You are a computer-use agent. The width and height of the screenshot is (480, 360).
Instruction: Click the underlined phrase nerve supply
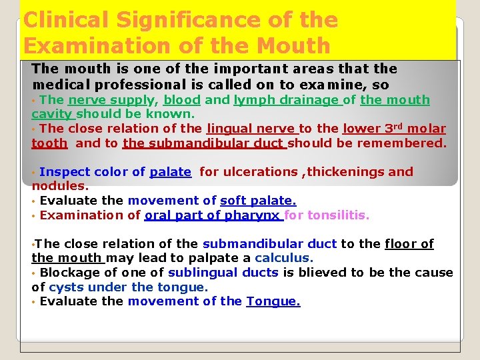pyautogui.click(x=111, y=100)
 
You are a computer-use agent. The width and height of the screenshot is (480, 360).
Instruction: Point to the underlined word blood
pyautogui.click(x=181, y=100)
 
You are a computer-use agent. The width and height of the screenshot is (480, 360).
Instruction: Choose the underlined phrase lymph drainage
pyautogui.click(x=286, y=100)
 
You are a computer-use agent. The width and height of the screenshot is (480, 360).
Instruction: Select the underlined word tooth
pyautogui.click(x=49, y=143)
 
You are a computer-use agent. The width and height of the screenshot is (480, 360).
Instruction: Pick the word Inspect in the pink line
pyautogui.click(x=65, y=172)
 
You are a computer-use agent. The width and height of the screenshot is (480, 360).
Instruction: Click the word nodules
pyautogui.click(x=60, y=186)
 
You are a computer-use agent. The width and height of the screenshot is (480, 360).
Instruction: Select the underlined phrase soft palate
pyautogui.click(x=258, y=201)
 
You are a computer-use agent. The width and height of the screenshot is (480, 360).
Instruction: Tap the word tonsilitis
pyautogui.click(x=338, y=215)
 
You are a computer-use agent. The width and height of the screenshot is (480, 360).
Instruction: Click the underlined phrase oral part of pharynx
pyautogui.click(x=213, y=215)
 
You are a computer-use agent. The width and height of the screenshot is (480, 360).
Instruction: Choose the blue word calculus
pyautogui.click(x=283, y=258)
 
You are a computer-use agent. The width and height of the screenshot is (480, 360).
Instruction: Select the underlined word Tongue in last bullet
pyautogui.click(x=273, y=301)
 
